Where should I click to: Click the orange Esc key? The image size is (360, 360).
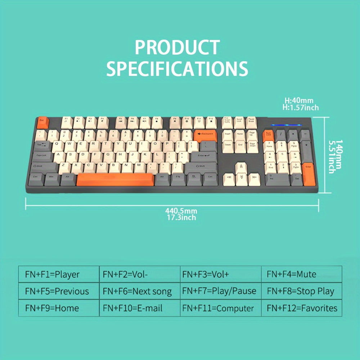(41, 121)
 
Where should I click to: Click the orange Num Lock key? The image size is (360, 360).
(268, 135)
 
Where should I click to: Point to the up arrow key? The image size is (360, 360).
(241, 168)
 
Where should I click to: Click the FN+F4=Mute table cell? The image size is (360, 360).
(302, 274)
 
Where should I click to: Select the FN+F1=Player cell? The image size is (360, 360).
(59, 274)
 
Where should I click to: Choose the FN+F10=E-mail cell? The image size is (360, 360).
(140, 308)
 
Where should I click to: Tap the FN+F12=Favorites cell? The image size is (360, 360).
(302, 308)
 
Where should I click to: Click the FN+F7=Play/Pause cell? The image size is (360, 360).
(221, 291)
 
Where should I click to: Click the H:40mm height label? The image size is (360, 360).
(299, 101)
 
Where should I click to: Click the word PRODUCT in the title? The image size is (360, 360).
(177, 48)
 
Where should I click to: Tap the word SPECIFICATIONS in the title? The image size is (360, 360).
(177, 68)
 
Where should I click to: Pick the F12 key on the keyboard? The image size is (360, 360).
(211, 121)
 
